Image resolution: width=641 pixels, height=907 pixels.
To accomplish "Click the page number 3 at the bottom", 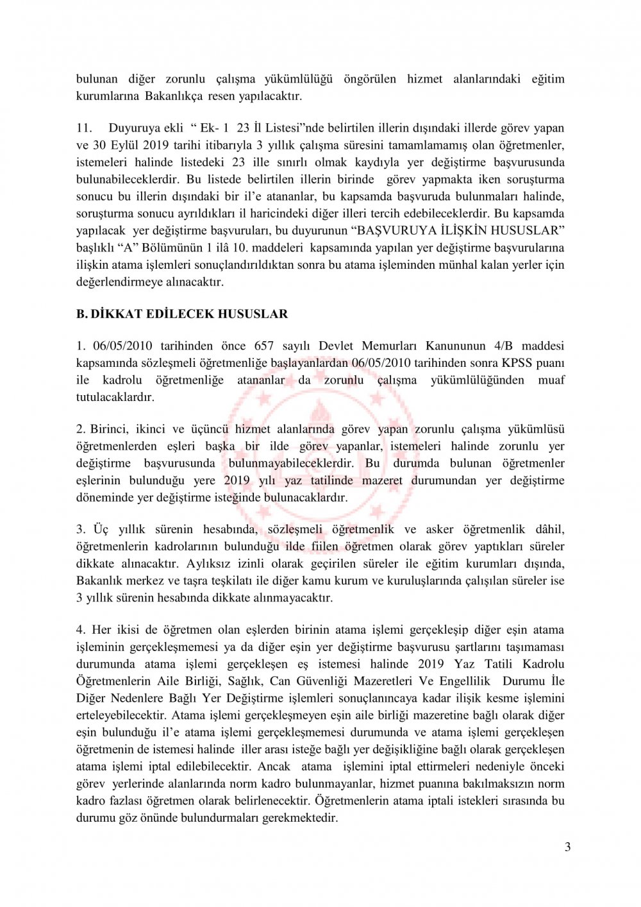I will point(567,847).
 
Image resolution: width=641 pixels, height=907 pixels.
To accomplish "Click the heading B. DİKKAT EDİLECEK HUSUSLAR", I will point(182,314).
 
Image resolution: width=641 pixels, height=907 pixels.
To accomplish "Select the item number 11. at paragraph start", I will point(85,128).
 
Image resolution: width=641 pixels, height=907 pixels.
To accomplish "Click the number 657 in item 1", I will point(264,346).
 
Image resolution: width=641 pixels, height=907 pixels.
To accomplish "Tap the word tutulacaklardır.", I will point(115,397).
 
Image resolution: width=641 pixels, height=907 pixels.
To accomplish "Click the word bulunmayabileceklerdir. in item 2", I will point(290,463).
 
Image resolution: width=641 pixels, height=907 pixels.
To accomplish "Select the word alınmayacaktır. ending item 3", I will point(292,598).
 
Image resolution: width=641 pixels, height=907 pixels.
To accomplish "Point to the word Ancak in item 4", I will point(274,767).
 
